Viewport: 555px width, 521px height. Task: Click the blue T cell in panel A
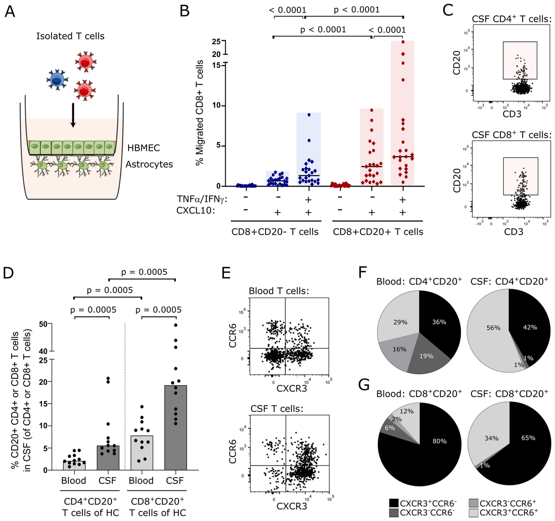click(56, 80)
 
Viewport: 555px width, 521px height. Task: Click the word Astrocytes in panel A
click(149, 164)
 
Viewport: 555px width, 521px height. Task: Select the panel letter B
click(185, 11)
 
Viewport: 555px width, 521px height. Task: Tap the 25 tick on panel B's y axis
click(216, 42)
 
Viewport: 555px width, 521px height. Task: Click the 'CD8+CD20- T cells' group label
click(275, 232)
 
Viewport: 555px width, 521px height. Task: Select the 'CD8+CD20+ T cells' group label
click(378, 232)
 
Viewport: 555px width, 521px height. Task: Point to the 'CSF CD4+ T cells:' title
click(512, 19)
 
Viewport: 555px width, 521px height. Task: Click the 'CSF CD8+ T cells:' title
click(512, 135)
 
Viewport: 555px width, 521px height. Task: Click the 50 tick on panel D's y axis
click(43, 323)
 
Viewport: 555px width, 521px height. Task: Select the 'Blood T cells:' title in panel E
click(278, 291)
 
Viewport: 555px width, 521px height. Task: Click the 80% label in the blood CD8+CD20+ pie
click(439, 441)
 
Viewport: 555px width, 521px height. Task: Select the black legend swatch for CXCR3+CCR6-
click(394, 503)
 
